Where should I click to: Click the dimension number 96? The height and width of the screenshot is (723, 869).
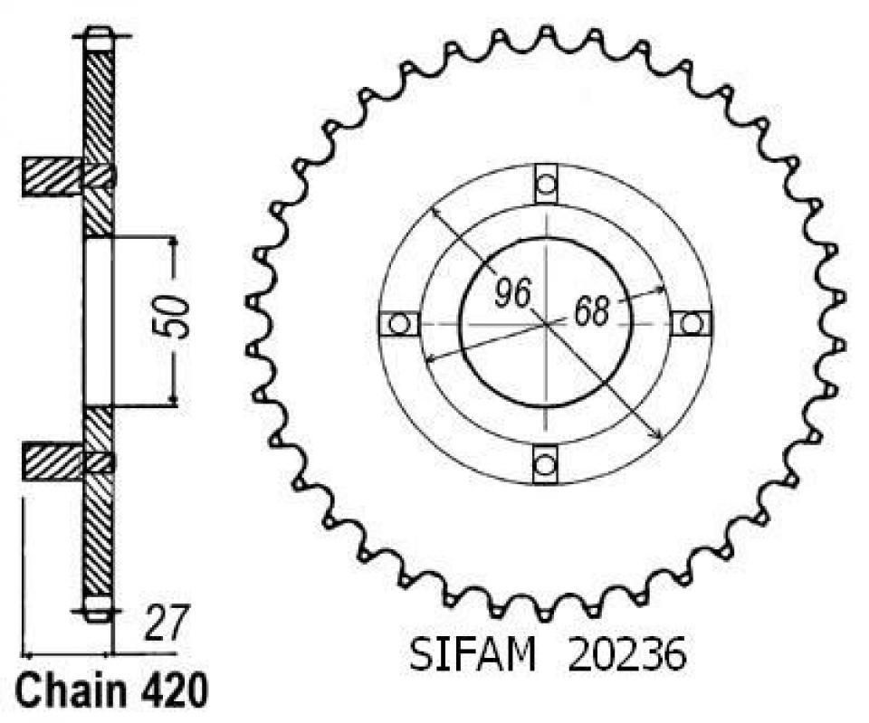click(512, 292)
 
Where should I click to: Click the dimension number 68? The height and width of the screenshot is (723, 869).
click(591, 312)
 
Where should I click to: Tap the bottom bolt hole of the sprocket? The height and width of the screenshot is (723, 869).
click(543, 465)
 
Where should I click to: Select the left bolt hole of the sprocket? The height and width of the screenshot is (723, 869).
click(396, 323)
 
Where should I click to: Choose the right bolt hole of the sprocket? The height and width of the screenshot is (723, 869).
click(692, 323)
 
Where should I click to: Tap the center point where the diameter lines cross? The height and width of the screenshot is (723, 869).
click(546, 323)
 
